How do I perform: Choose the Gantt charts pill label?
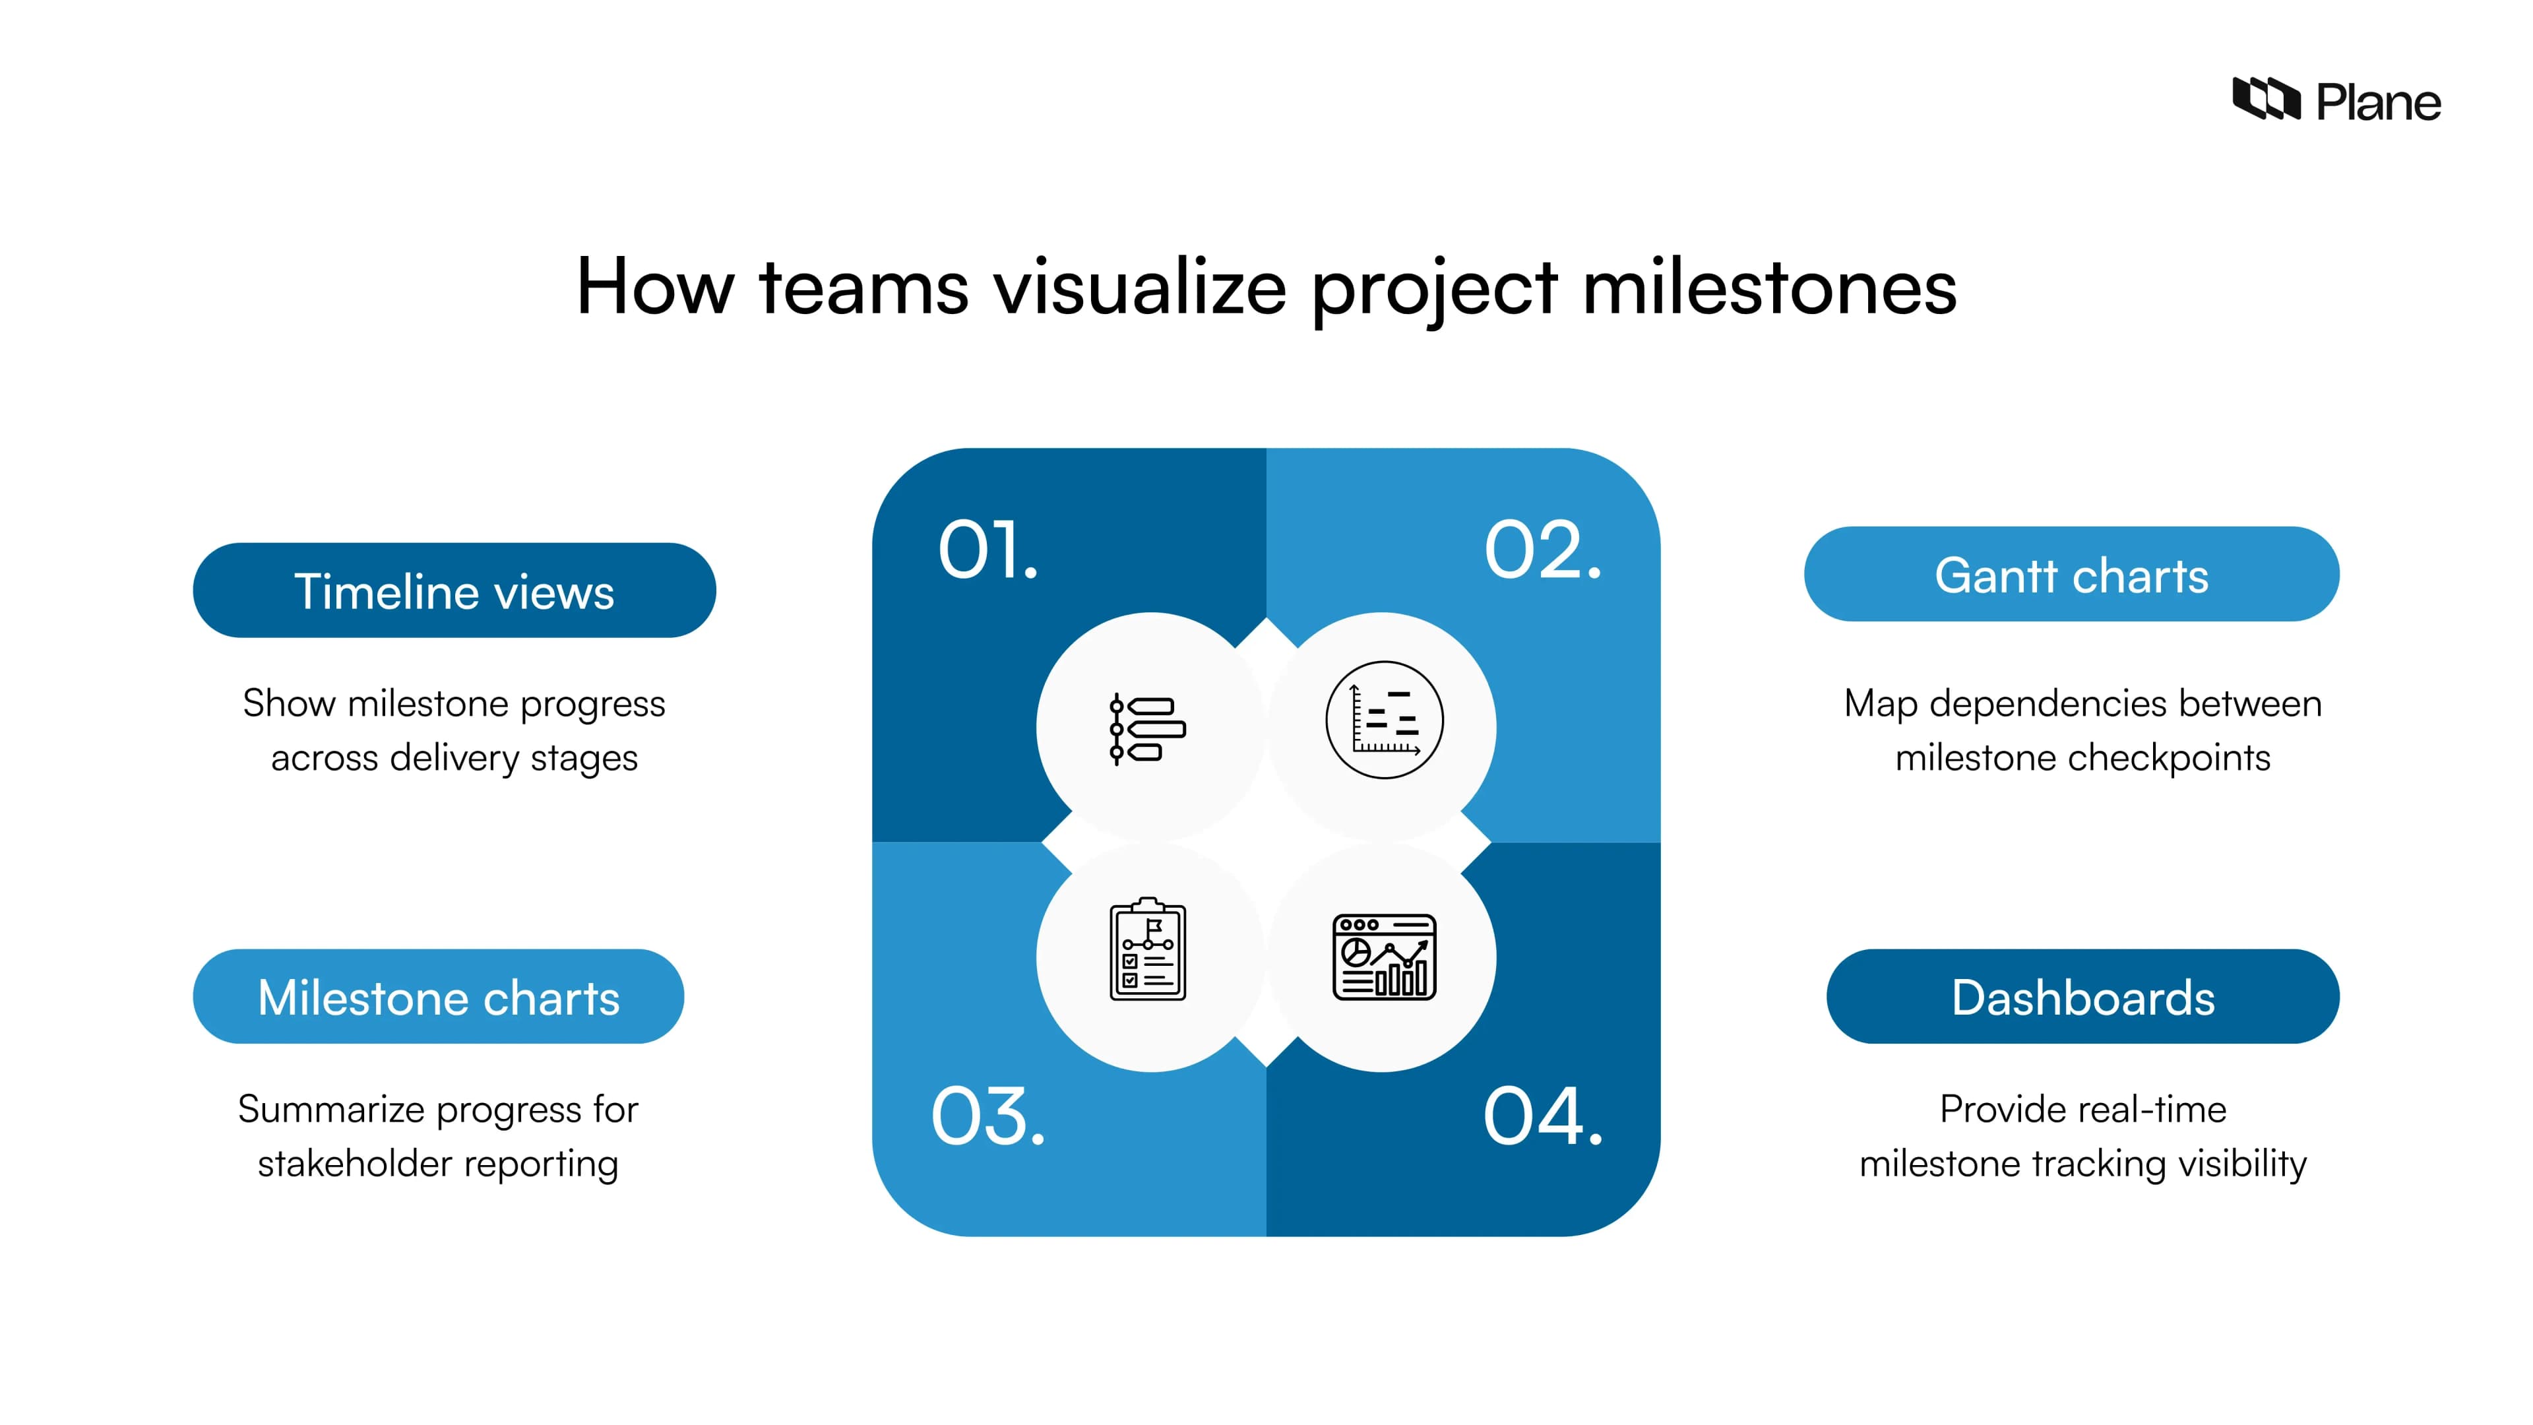(x=2071, y=575)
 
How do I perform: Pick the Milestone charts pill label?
(x=439, y=997)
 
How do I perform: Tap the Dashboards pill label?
(x=2082, y=997)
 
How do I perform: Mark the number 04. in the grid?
(x=1542, y=1116)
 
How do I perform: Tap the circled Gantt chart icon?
(x=1385, y=720)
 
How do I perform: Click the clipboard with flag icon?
(x=1148, y=950)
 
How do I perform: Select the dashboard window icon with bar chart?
(x=1385, y=957)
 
